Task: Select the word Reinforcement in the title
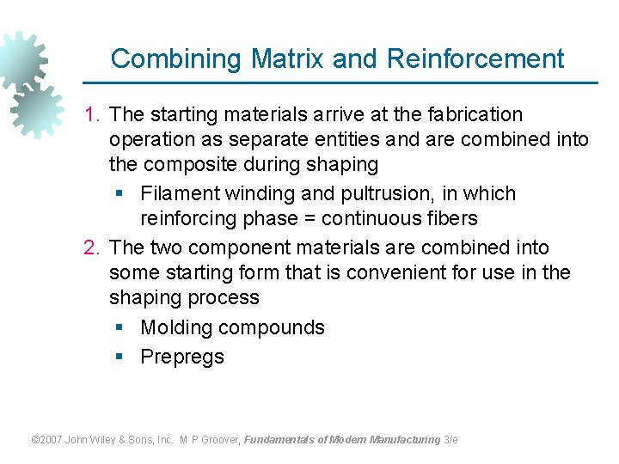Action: tap(475, 59)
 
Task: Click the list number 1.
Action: tap(91, 114)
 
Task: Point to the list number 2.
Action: tap(91, 247)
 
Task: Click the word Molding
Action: tap(176, 327)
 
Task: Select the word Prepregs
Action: tap(182, 357)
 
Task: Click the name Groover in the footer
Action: tap(220, 440)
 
